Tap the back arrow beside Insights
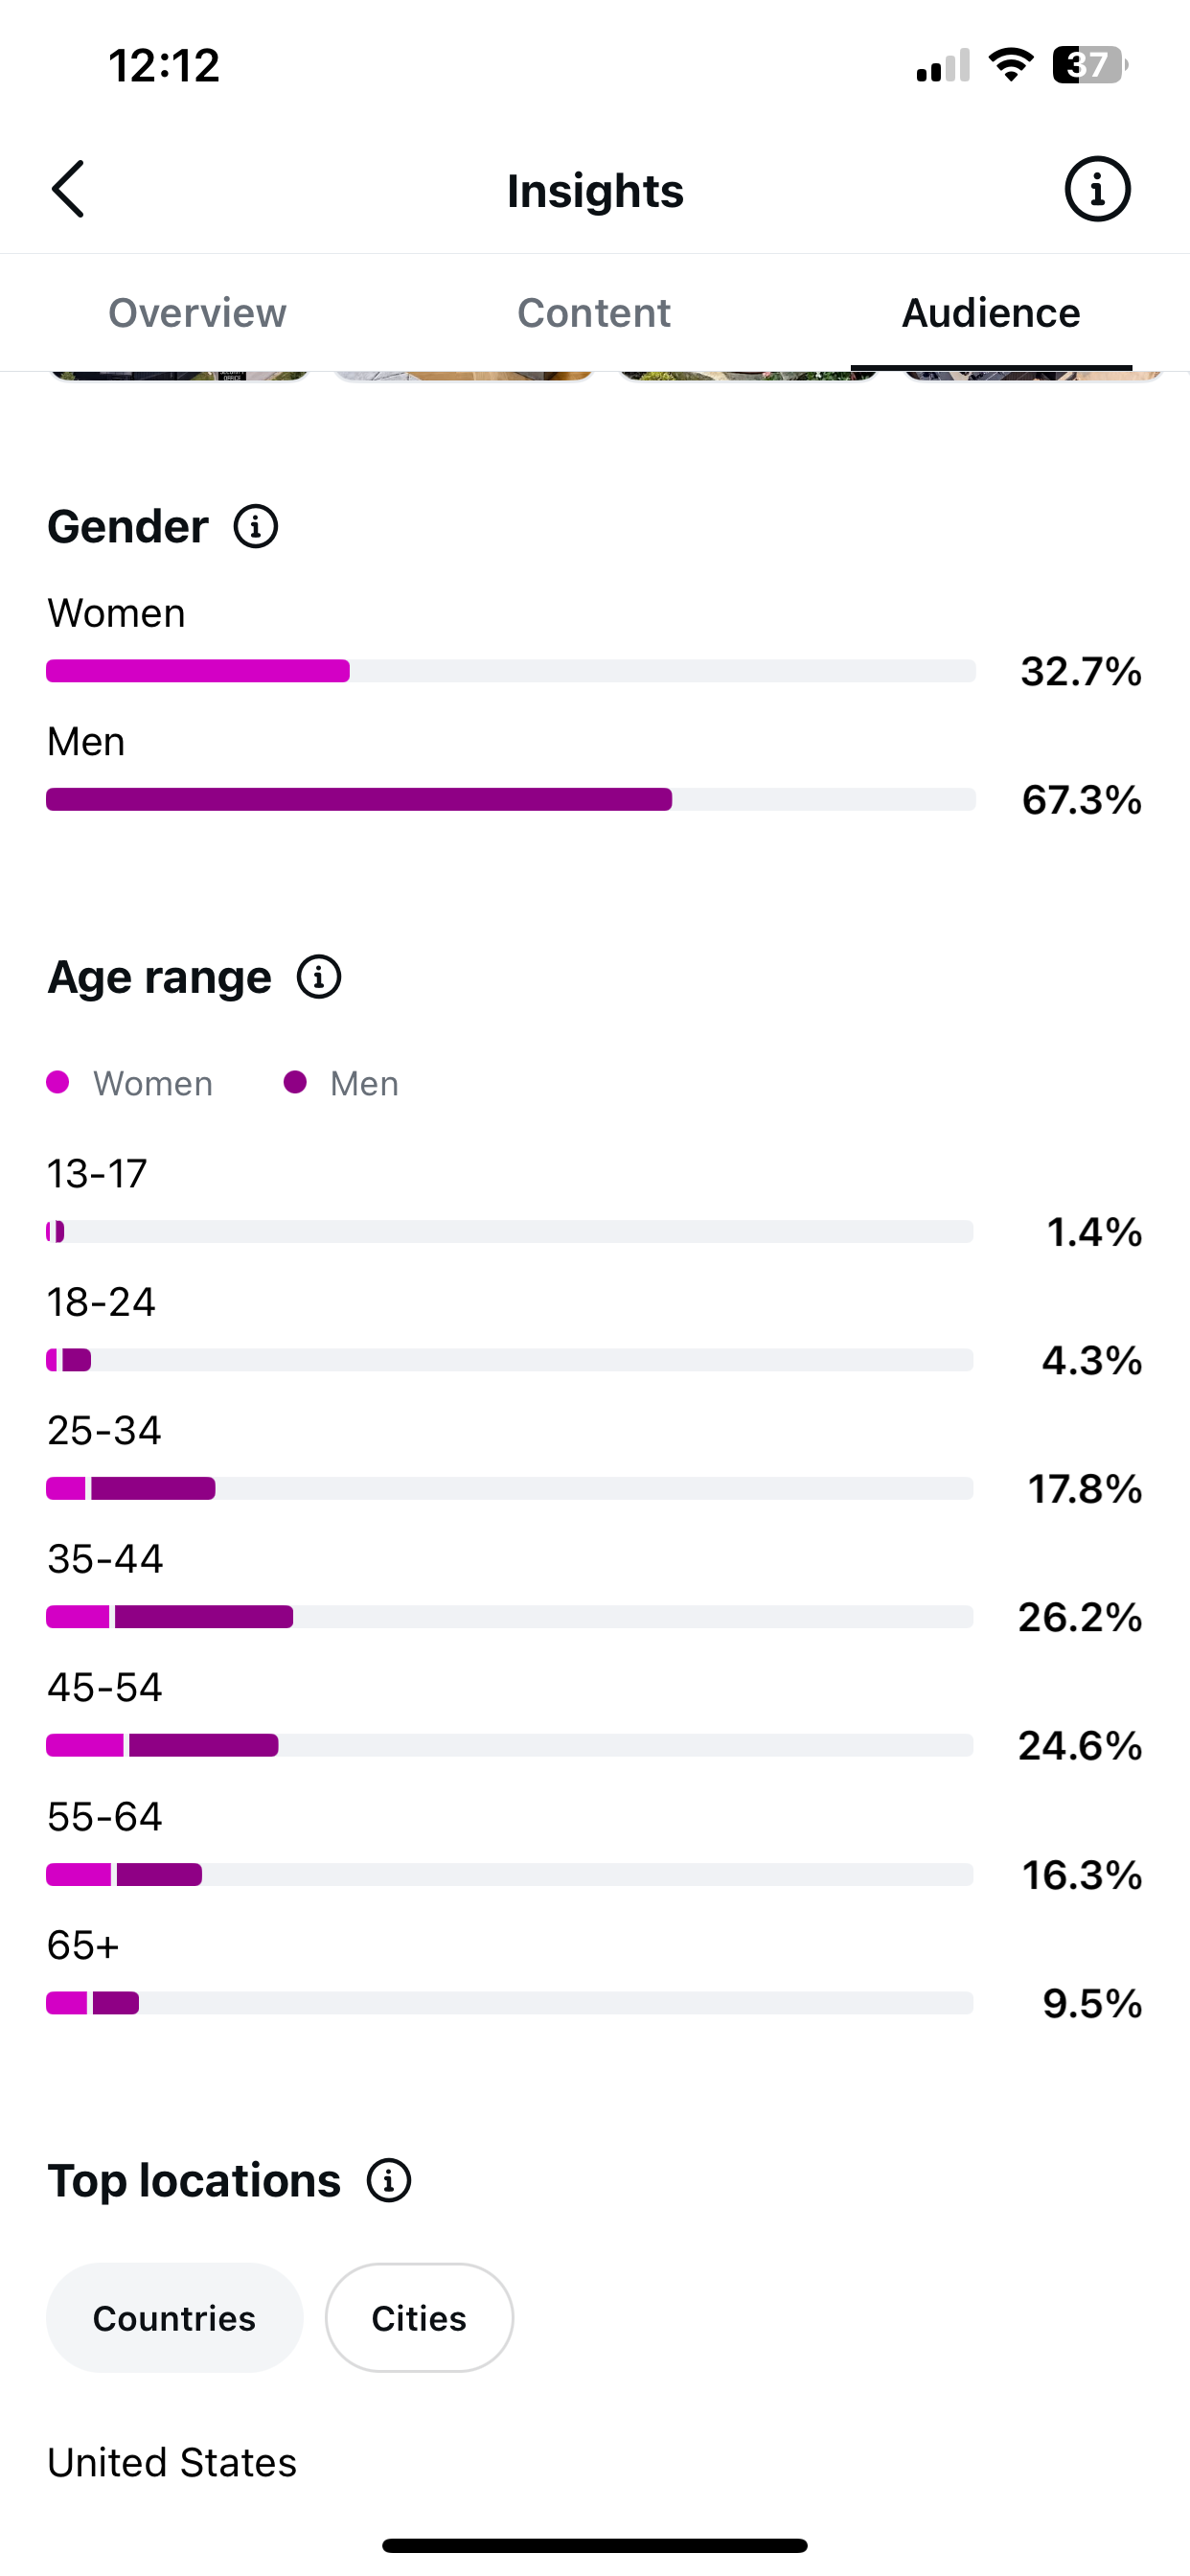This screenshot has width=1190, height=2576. (68, 189)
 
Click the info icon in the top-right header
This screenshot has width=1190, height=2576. (1097, 189)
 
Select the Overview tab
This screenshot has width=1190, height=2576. (197, 313)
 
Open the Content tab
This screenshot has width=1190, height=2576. (594, 313)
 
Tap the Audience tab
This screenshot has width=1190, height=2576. (991, 313)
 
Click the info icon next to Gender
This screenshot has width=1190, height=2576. (256, 526)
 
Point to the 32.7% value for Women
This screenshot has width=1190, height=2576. (1081, 671)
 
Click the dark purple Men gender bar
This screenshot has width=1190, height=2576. (359, 799)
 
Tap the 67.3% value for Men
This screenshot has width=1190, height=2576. (1082, 800)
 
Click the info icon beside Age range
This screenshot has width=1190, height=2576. (319, 977)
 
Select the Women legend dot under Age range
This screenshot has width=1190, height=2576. (58, 1082)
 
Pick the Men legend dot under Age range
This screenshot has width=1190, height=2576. (295, 1082)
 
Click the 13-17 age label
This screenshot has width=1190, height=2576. (97, 1173)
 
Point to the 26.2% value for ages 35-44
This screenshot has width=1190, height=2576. (1080, 1617)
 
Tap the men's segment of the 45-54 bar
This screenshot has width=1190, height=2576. (204, 1745)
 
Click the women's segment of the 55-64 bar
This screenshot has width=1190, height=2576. (79, 1874)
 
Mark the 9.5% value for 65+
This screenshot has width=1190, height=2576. (1093, 2003)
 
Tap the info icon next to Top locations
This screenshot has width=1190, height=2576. (389, 2180)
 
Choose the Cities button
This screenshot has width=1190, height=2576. (419, 2318)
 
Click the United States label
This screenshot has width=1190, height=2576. (172, 2462)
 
